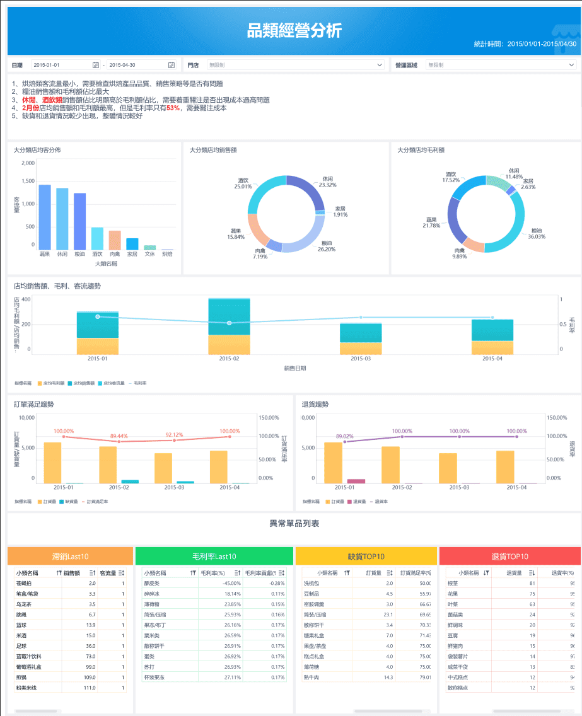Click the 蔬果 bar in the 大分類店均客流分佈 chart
point(45,217)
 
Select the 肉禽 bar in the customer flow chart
point(115,240)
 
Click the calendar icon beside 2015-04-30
point(172,65)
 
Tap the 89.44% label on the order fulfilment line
point(119,436)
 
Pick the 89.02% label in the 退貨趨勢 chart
point(344,436)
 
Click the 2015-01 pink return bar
point(356,481)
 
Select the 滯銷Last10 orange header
point(71,556)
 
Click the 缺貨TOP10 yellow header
point(366,556)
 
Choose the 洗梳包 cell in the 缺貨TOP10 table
point(313,583)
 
